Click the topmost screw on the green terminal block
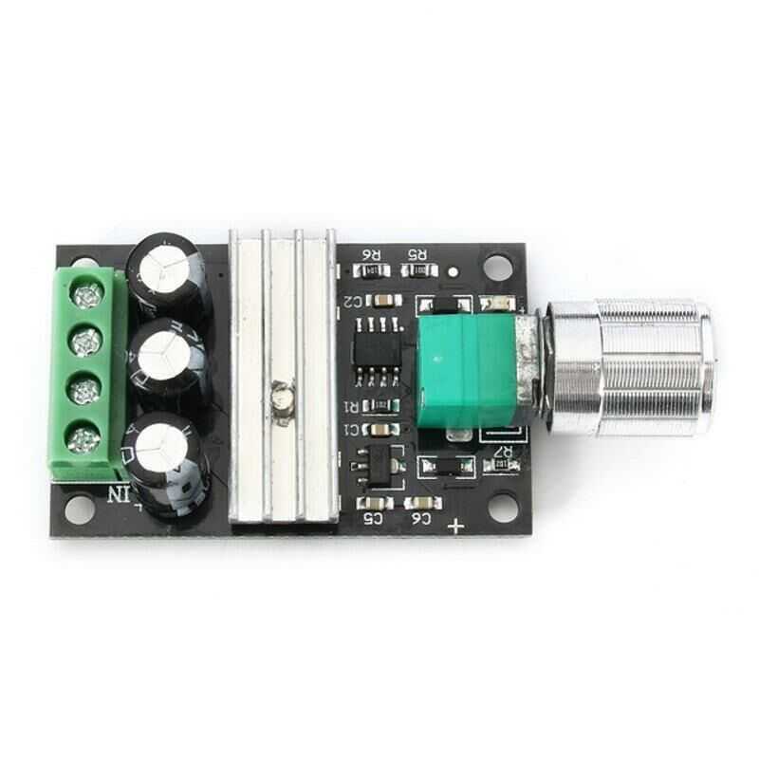point(87,297)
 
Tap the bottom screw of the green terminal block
point(84,437)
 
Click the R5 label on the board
point(417,254)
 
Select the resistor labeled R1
point(379,406)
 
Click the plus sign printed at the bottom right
point(458,526)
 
